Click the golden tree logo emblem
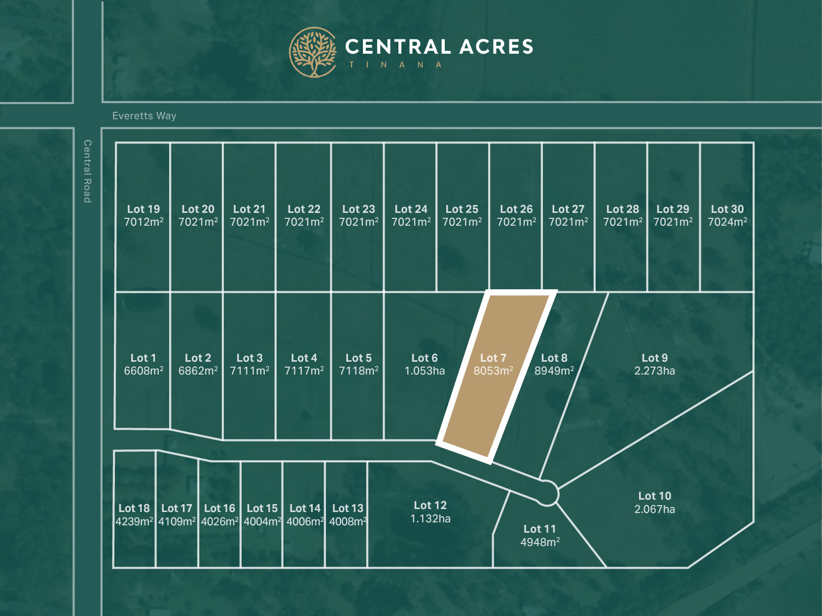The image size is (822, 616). point(313,52)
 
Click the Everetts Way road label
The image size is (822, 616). point(144,116)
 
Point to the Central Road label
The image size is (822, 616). point(88,171)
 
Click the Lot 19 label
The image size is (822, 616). point(143,209)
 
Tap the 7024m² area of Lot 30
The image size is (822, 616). point(727,222)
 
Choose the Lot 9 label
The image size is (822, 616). point(654,358)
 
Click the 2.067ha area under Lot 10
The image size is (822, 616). point(654,509)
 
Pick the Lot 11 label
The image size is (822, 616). point(539,529)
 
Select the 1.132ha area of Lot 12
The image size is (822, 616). point(430,518)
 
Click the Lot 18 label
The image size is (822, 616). point(134,508)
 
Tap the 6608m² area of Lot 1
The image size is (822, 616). point(143,371)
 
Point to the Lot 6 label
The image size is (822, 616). point(425,358)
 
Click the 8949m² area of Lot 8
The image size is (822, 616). point(554,371)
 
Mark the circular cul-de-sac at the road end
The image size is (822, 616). point(547,493)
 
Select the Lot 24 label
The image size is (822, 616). point(411,209)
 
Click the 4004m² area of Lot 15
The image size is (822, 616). point(262,521)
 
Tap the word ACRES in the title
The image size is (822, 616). point(497,47)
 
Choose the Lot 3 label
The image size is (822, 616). point(250,358)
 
